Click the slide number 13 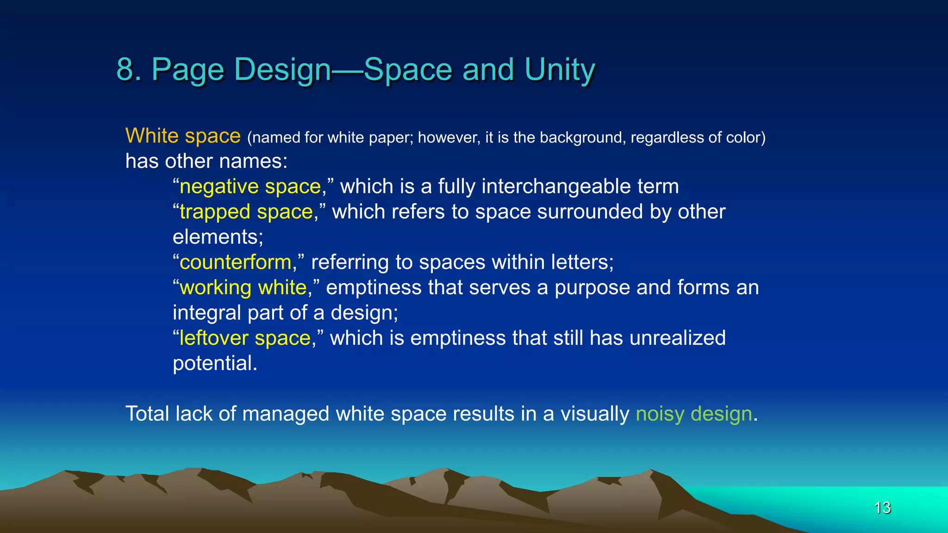point(882,508)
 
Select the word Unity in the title point(560,71)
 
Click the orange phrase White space point(183,136)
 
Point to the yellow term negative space point(250,186)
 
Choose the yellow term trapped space point(246,212)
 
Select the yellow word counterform point(235,262)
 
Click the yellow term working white point(243,288)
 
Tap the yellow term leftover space point(245,338)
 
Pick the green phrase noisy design point(693,414)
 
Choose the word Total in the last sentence point(148,414)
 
